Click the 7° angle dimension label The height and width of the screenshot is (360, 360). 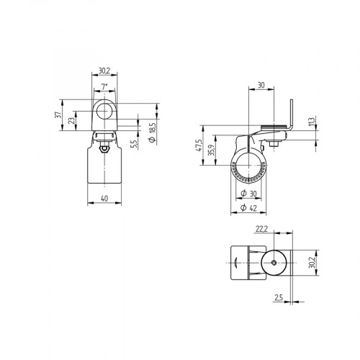point(104,86)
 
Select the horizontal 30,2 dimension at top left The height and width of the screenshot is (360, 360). point(104,71)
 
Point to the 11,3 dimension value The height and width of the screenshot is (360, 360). point(312,121)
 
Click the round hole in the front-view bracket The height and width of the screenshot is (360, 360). point(105,112)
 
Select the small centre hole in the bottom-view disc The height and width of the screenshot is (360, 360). point(274,264)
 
